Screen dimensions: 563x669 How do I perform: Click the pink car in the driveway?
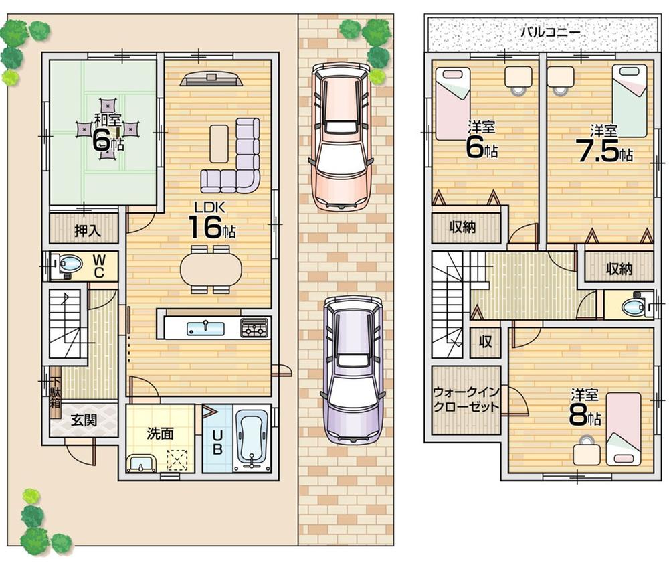point(341,137)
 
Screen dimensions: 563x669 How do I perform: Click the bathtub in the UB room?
point(252,439)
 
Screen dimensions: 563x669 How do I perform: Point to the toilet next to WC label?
point(68,265)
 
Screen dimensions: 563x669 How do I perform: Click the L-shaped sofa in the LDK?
point(237,161)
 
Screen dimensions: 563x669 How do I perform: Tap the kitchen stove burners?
point(254,327)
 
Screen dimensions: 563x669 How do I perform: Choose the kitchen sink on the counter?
point(205,327)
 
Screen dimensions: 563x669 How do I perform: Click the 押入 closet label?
point(87,231)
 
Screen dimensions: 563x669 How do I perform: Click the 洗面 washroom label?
point(161,433)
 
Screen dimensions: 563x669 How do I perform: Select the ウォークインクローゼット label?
point(466,400)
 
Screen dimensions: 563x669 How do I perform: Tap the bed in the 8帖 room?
point(624,428)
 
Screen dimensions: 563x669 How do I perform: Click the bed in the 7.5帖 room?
point(630,100)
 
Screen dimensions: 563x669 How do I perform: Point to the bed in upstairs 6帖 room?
point(453,103)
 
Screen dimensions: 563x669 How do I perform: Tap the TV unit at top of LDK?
point(210,78)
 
